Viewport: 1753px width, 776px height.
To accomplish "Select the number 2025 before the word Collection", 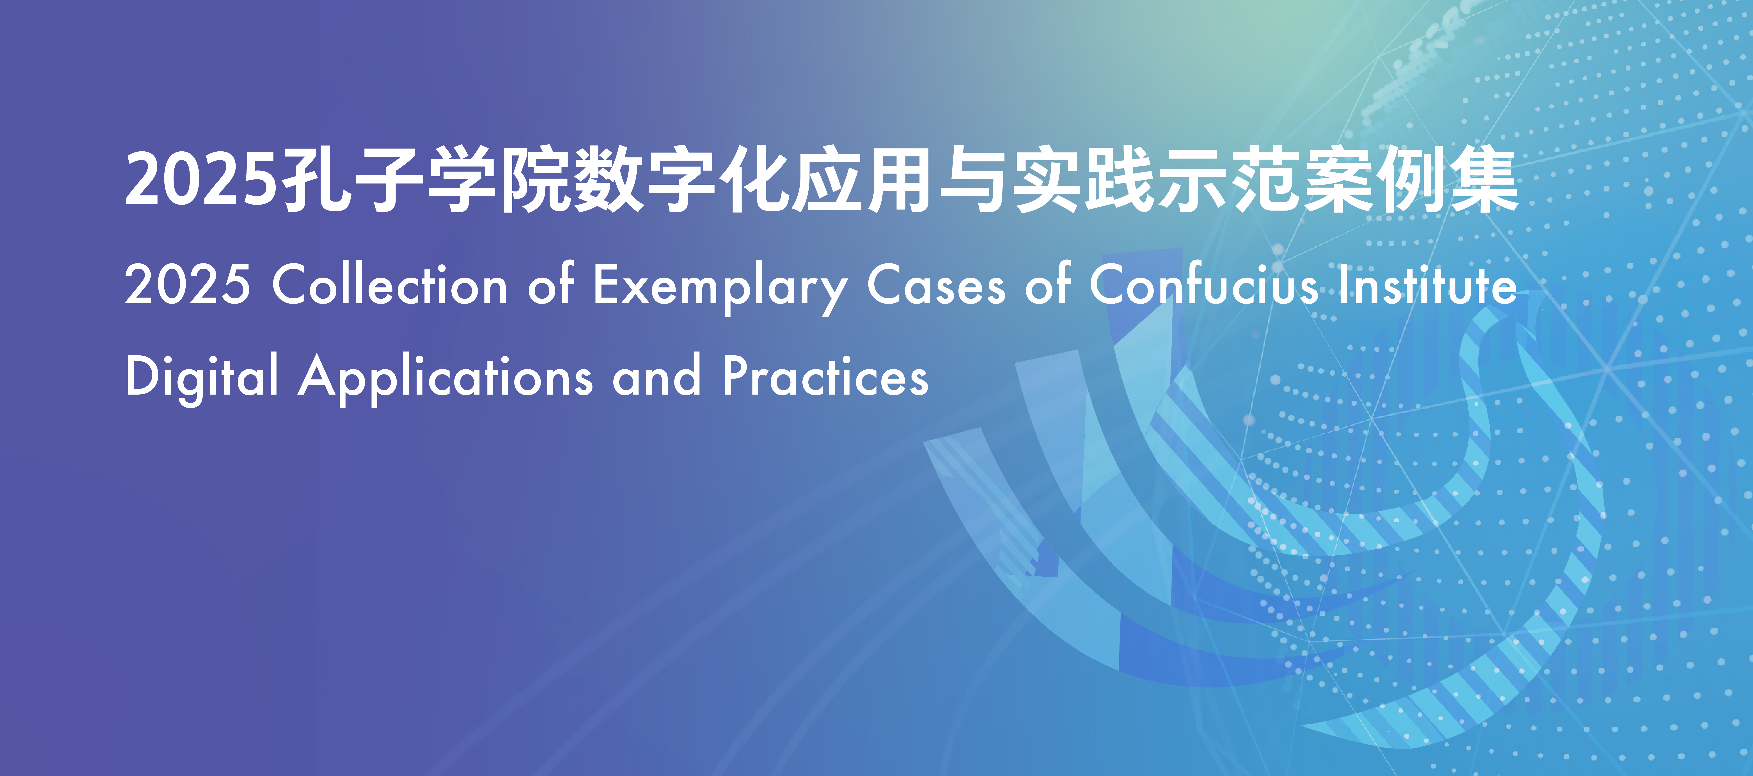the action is tap(187, 284).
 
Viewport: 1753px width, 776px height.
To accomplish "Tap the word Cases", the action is tap(936, 284).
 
